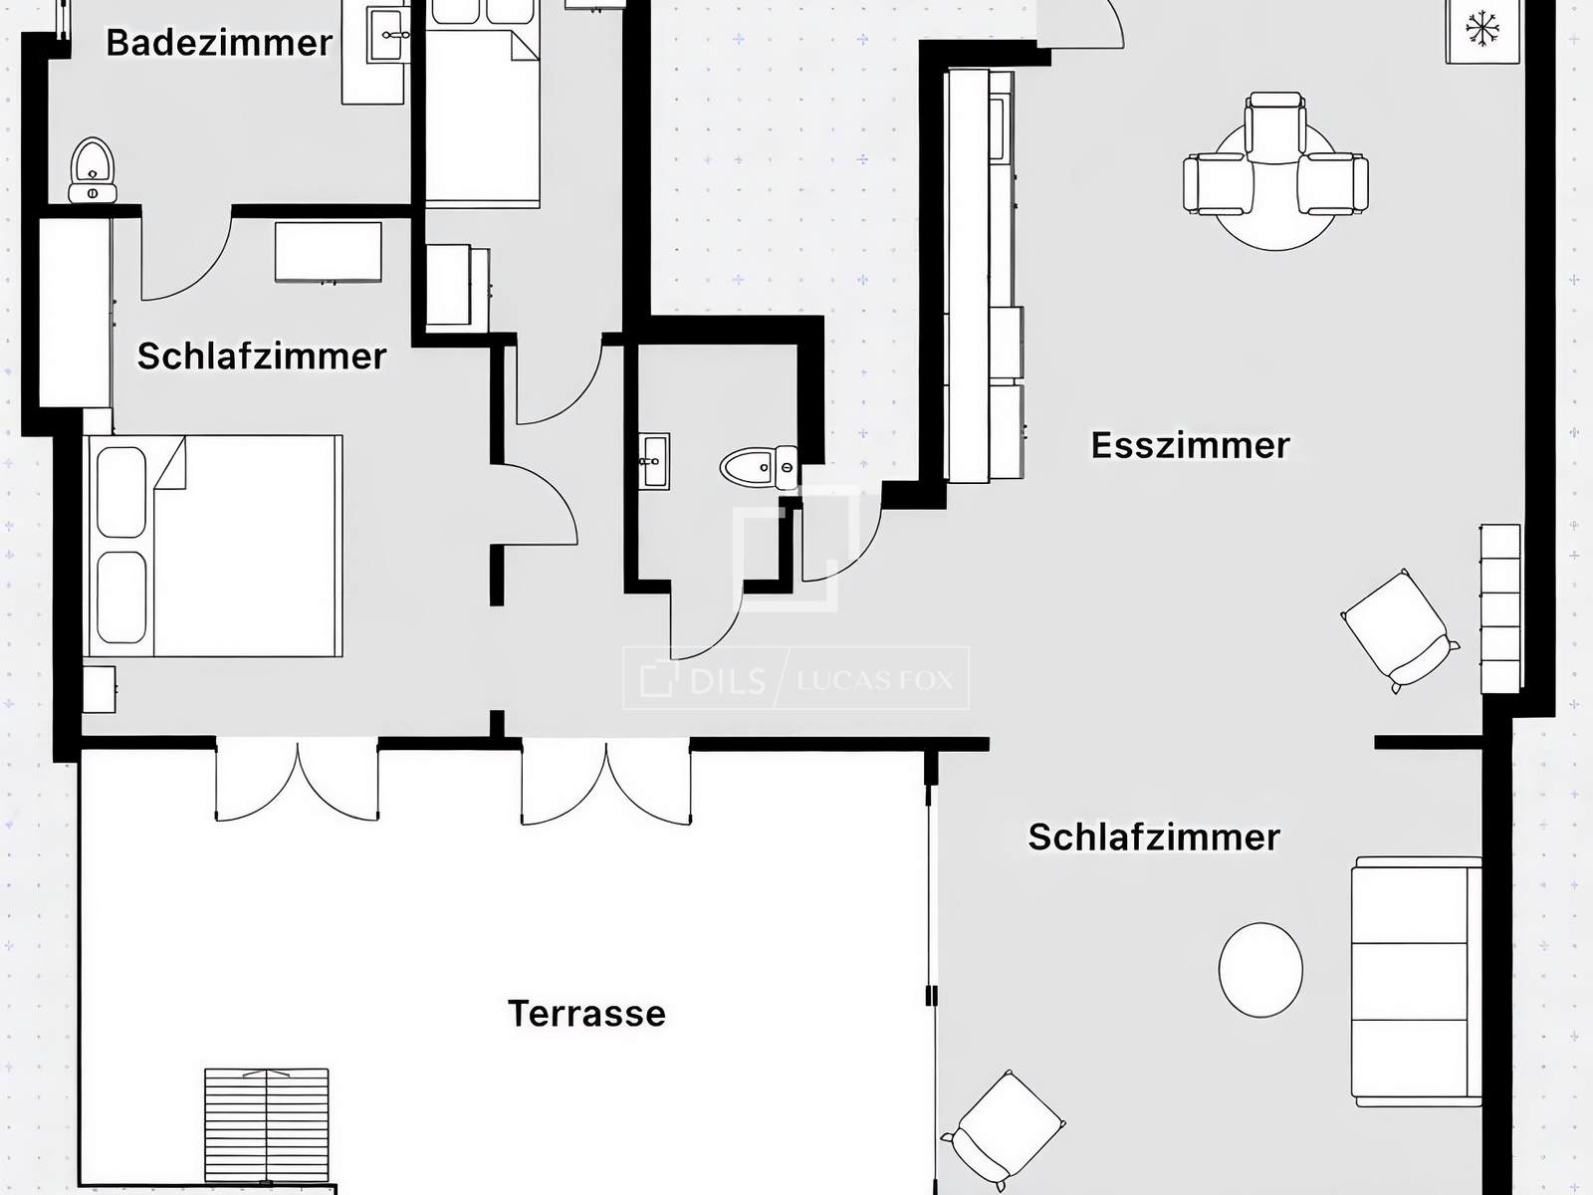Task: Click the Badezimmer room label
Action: point(219,43)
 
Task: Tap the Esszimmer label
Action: point(1190,445)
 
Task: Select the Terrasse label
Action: point(586,1014)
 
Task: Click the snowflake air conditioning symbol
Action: point(1482,30)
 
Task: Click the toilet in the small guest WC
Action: point(759,466)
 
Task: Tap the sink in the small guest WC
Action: point(654,461)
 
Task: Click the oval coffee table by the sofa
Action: point(1260,969)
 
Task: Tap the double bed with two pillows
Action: point(213,546)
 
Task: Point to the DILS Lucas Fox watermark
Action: point(796,678)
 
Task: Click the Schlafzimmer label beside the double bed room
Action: point(261,357)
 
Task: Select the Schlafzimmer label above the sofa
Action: point(1153,837)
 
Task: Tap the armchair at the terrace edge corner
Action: point(1004,1132)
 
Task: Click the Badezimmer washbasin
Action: point(387,34)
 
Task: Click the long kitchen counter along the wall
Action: point(984,276)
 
